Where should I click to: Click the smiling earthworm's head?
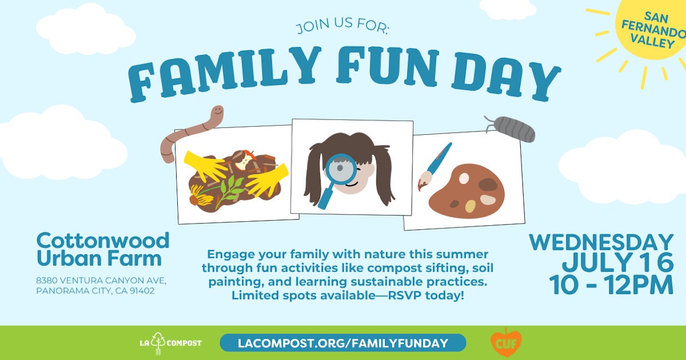(x=217, y=112)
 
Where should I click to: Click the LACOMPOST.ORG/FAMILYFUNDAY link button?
(x=342, y=343)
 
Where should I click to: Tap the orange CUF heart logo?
(x=505, y=343)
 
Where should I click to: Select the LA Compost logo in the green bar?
(x=170, y=343)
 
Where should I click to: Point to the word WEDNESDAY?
(x=601, y=242)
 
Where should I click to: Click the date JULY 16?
(x=617, y=263)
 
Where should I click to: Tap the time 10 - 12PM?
(x=610, y=285)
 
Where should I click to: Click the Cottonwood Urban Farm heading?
(x=103, y=249)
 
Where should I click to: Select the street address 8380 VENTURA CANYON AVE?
(x=101, y=280)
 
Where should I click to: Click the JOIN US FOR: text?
(x=342, y=27)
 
